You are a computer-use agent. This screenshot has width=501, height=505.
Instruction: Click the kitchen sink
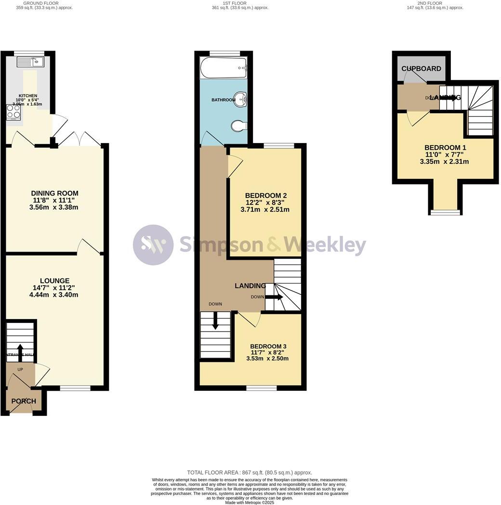click(x=30, y=62)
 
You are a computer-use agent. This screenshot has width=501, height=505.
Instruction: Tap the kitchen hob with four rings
click(x=13, y=112)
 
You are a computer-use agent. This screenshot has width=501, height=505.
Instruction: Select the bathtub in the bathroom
click(x=223, y=68)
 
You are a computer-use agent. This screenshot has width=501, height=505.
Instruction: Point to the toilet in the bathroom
click(x=239, y=126)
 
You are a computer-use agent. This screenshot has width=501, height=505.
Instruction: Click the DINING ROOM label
click(x=54, y=193)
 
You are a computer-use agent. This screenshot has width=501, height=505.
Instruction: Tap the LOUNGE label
click(x=54, y=280)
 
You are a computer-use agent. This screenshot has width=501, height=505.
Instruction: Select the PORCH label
click(x=24, y=401)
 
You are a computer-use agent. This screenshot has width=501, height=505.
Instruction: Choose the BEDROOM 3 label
click(x=268, y=346)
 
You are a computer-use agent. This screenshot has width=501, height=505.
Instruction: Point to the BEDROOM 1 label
click(x=445, y=147)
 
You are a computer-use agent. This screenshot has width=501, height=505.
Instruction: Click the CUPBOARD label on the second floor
click(x=422, y=69)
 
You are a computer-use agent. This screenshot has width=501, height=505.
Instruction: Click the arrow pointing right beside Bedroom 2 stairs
click(x=274, y=297)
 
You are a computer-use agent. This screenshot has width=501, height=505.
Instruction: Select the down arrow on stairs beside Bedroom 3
click(x=215, y=320)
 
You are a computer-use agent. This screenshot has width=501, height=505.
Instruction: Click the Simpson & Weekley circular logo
click(x=153, y=245)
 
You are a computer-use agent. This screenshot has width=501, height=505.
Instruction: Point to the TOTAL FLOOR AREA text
click(x=250, y=473)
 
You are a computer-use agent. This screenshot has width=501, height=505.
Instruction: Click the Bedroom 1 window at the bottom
click(x=445, y=212)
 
